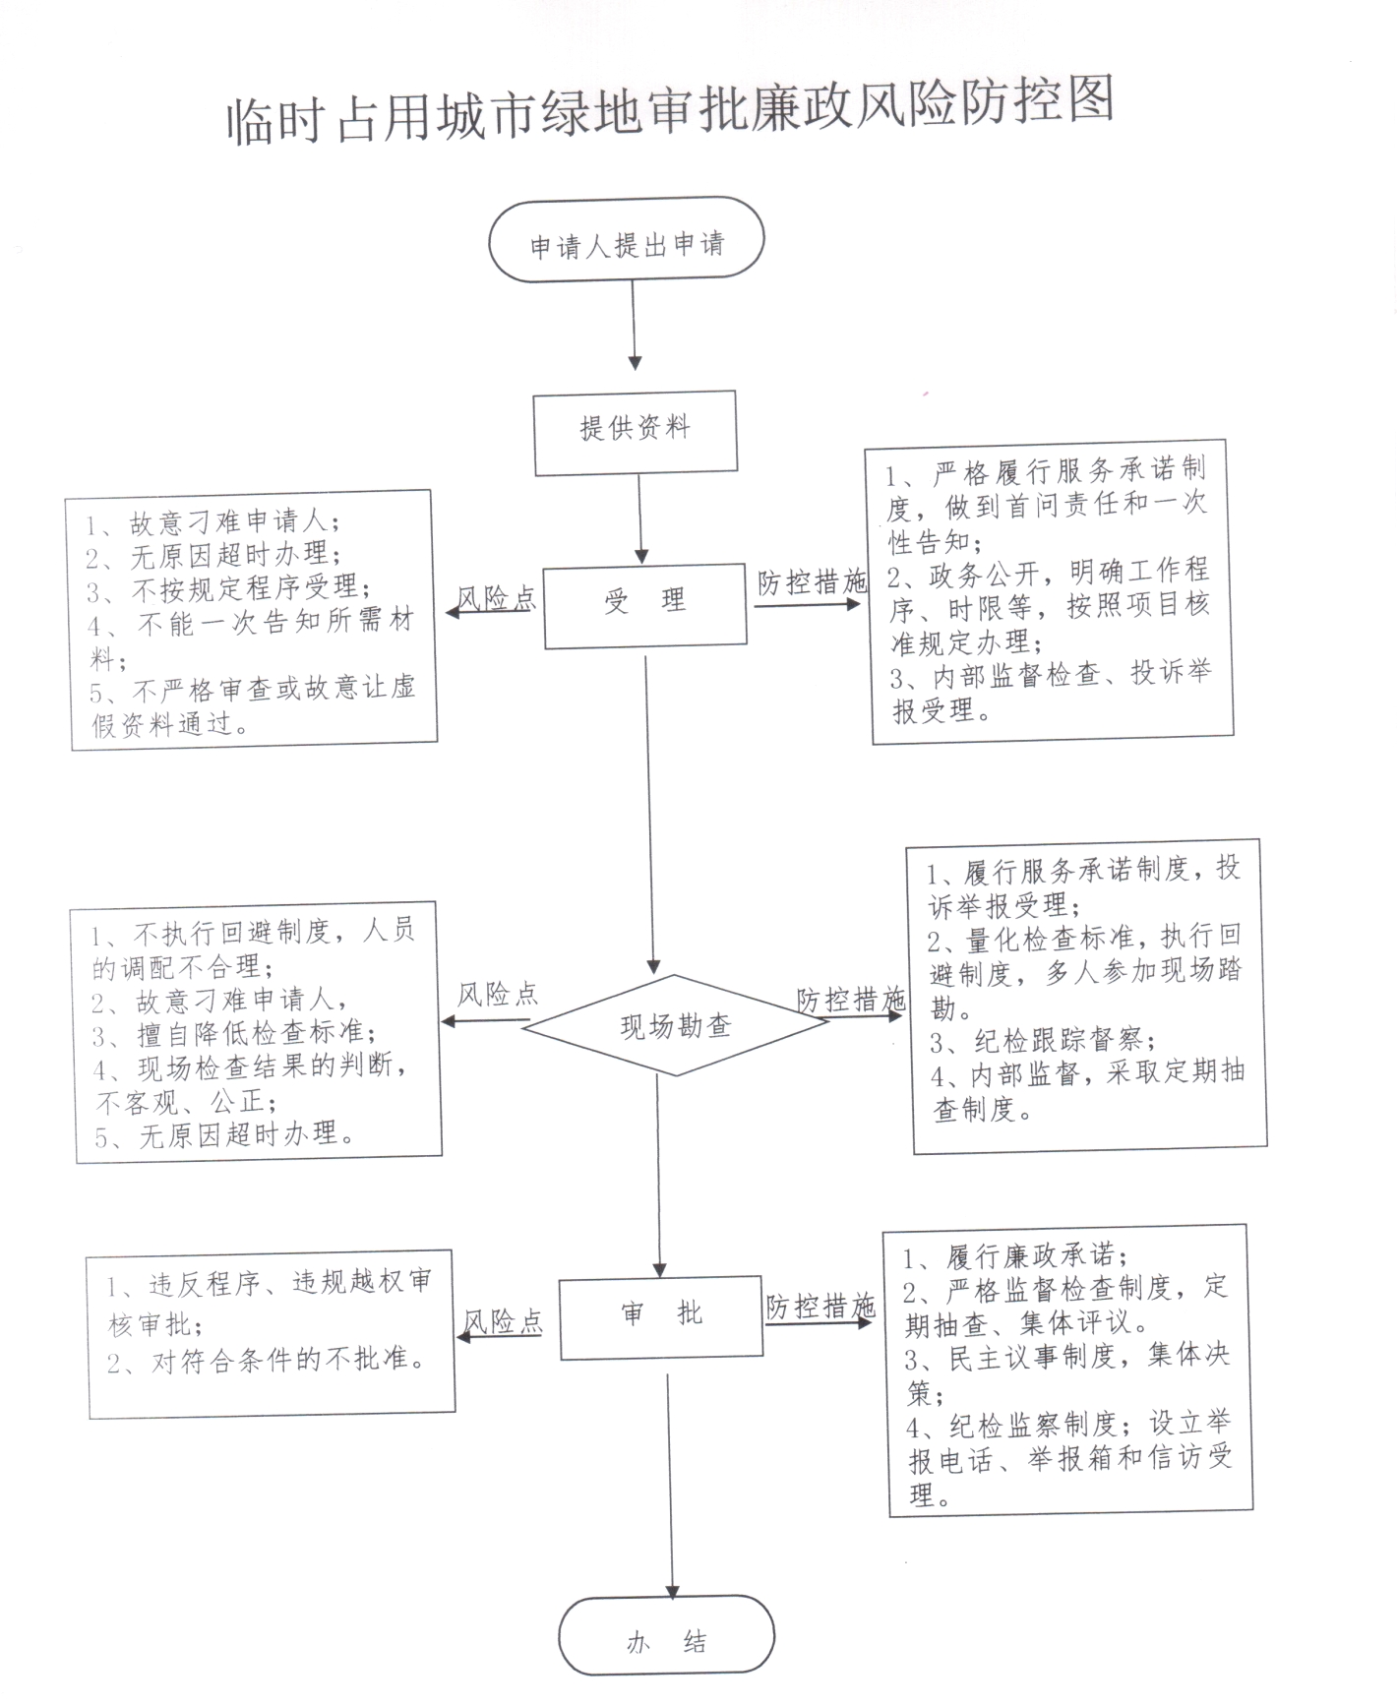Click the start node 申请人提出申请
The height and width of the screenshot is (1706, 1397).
coord(627,239)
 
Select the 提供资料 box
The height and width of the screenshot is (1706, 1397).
coord(636,432)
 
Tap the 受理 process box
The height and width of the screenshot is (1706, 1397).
coord(645,604)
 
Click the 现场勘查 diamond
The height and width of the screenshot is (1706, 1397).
coord(675,1025)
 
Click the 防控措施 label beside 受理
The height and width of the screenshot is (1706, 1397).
coord(812,582)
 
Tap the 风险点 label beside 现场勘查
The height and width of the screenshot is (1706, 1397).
coord(498,995)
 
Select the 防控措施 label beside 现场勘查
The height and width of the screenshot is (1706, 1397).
coord(851,1000)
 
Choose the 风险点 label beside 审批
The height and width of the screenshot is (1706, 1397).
coord(503,1321)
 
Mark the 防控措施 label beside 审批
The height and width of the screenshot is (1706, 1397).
coord(820,1307)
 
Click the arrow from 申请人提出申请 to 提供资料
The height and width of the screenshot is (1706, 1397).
coord(634,326)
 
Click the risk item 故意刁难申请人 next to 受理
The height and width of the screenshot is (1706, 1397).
coord(213,522)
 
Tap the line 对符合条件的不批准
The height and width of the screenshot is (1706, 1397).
coord(268,1362)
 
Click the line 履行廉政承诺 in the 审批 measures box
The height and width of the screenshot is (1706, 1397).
coord(1016,1256)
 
